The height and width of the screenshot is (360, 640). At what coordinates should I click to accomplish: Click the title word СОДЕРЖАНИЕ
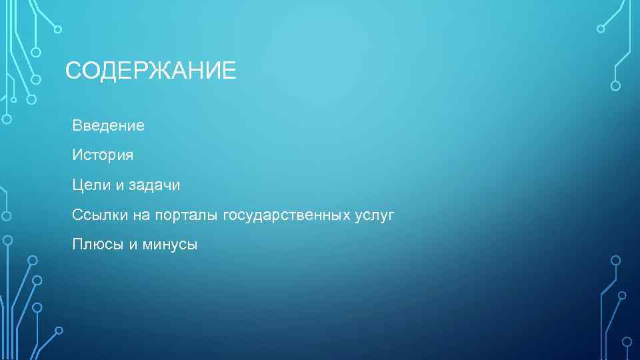pos(151,70)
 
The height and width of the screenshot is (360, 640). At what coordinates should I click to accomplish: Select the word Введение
pos(108,125)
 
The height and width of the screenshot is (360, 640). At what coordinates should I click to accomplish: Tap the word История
pos(103,155)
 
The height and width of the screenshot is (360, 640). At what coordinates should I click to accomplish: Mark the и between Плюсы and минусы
pos(133,245)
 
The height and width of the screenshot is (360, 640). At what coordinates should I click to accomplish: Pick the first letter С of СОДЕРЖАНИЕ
pos(74,70)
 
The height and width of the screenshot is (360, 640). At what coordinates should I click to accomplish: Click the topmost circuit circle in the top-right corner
pos(601,29)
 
